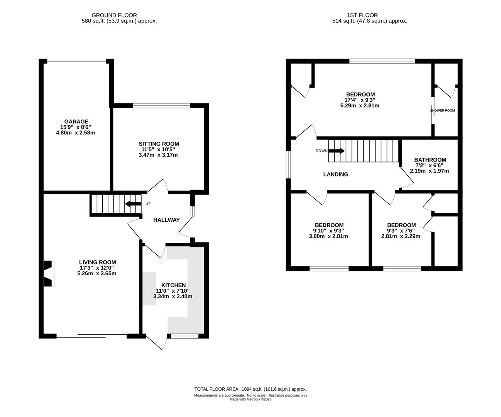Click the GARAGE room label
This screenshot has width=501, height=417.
click(76, 122)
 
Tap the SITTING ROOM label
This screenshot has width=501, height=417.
click(159, 144)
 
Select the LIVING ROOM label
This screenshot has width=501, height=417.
click(98, 263)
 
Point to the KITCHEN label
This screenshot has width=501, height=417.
click(173, 285)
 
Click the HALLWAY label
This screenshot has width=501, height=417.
click(166, 220)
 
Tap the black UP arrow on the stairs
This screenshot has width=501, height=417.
click(133, 204)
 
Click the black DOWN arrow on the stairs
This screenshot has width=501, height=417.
click(337, 151)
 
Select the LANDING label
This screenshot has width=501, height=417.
click(336, 174)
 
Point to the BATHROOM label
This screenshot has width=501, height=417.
click(430, 160)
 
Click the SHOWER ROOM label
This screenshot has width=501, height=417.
click(442, 110)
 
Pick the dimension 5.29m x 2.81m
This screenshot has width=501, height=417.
click(360, 106)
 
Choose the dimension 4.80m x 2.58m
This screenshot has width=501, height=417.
click(76, 133)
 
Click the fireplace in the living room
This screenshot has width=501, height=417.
click(49, 273)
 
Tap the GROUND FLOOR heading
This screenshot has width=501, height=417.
click(114, 15)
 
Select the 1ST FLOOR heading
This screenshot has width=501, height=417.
click(362, 15)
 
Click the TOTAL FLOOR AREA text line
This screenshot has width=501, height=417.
click(250, 389)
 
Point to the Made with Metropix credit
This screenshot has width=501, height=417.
click(250, 400)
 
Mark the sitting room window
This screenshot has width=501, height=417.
click(161, 106)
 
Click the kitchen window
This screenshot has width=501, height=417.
click(185, 336)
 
